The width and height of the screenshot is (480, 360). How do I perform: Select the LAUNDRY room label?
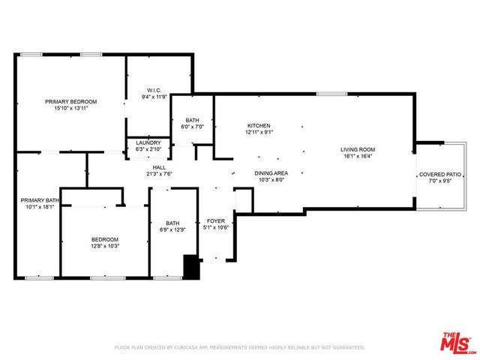click(148, 142)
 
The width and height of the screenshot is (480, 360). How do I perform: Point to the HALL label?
click(159, 167)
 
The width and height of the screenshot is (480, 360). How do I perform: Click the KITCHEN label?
click(259, 125)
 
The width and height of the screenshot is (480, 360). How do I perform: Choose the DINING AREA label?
click(270, 172)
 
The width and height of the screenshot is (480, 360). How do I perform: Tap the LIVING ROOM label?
click(357, 149)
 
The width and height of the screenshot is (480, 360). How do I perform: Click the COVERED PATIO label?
click(441, 174)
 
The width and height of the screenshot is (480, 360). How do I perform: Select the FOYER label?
click(215, 221)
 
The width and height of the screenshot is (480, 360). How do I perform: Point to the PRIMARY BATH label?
click(39, 200)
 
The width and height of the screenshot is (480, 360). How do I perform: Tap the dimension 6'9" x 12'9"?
click(172, 229)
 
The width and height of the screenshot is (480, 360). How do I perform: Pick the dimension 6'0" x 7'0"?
click(193, 127)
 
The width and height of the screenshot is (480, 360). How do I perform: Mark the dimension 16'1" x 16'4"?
click(357, 157)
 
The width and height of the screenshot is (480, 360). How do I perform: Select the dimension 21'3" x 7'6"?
click(159, 174)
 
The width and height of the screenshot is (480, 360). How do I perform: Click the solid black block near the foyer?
click(192, 268)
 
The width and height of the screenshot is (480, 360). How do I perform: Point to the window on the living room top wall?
click(326, 94)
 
